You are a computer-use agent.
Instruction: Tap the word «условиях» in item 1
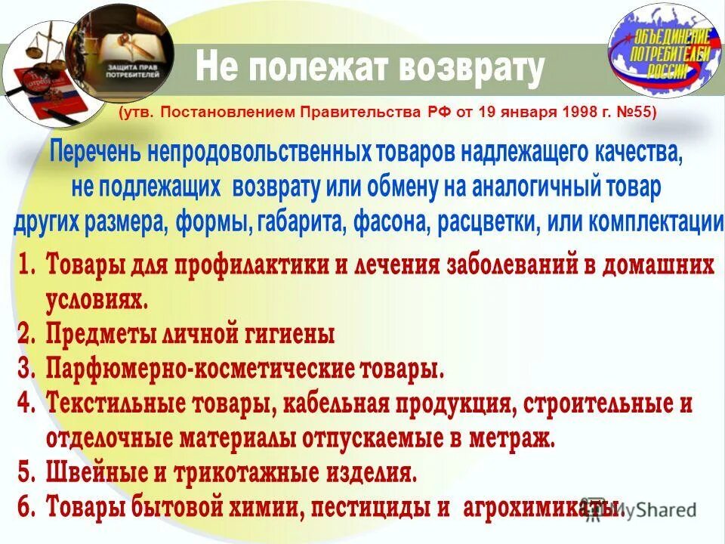pyautogui.click(x=96, y=301)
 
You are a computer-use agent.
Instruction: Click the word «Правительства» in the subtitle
pyautogui.click(x=353, y=113)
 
